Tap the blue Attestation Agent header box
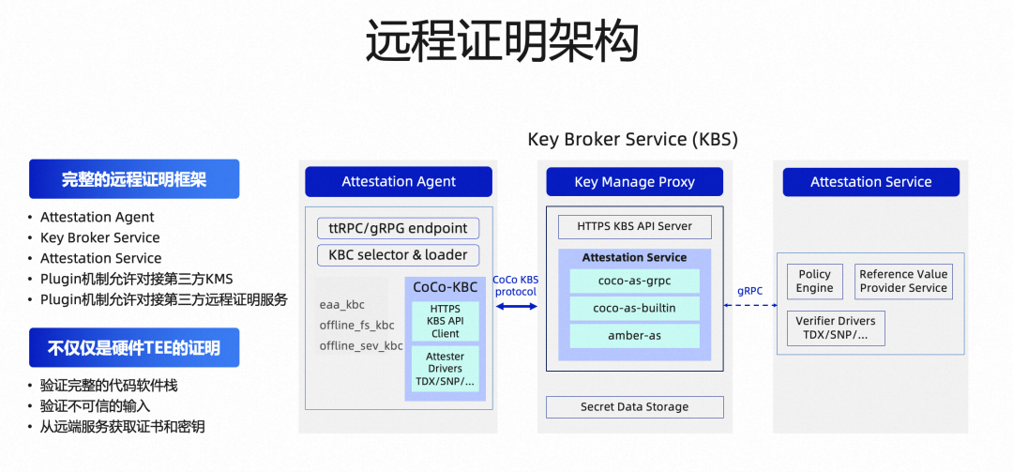[x=399, y=182]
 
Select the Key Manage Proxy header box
[x=634, y=182]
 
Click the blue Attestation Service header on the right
[x=870, y=182]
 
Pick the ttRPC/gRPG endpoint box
[x=399, y=228]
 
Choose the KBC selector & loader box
[x=399, y=254]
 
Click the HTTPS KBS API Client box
[x=446, y=320]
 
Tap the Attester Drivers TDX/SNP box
[x=446, y=369]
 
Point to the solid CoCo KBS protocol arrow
[x=516, y=306]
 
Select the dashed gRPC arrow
[x=749, y=306]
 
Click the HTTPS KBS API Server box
[x=634, y=226]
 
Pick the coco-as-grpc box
[x=635, y=281]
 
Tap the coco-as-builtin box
[x=635, y=308]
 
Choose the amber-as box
[x=635, y=335]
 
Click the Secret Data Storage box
[x=635, y=407]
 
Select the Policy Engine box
[x=814, y=282]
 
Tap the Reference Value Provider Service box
[x=903, y=282]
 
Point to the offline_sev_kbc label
[x=361, y=346]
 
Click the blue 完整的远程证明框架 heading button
[x=133, y=179]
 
